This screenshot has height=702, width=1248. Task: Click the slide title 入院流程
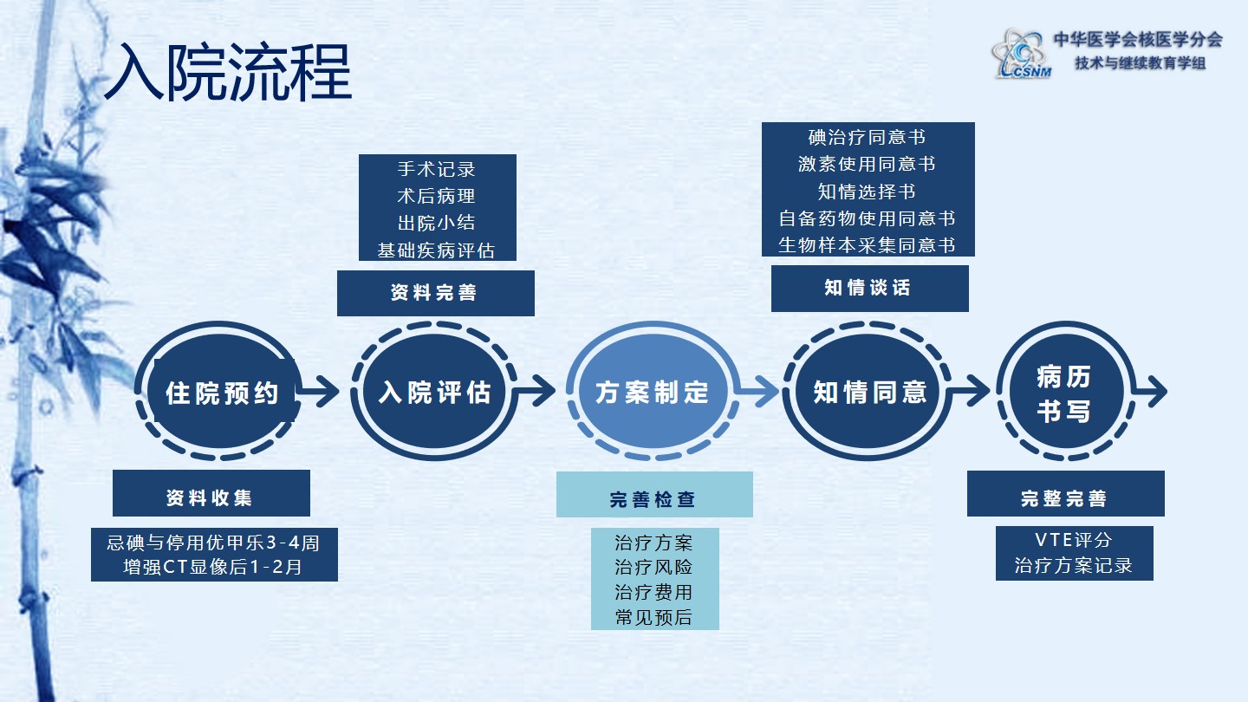228,71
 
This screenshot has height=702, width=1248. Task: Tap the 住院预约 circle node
222,393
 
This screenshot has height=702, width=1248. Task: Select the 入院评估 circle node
435,392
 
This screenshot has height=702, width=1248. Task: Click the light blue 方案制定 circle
652,392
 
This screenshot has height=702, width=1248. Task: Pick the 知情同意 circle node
869,392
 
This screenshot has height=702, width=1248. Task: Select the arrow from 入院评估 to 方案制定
537,392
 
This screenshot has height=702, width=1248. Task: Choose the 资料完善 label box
435,293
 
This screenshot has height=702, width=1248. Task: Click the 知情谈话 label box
869,288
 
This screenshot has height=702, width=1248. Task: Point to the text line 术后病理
436,196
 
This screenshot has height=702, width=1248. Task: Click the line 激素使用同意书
867,164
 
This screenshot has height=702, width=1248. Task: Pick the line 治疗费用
653,593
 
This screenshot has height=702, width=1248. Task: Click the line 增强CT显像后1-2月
213,569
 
